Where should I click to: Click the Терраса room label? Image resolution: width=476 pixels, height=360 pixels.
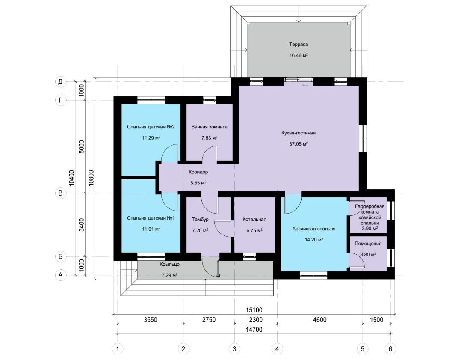(299, 45)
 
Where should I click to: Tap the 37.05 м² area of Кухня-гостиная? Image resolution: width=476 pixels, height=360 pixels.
(299, 144)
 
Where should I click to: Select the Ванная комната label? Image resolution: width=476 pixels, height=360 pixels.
(209, 127)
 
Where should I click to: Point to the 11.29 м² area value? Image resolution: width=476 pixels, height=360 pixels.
(151, 137)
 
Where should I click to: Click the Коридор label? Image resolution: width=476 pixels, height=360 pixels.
(198, 172)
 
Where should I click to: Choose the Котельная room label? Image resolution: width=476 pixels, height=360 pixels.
(254, 219)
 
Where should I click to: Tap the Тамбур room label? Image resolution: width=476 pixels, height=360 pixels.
(200, 219)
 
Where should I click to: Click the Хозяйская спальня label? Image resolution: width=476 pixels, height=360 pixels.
(314, 229)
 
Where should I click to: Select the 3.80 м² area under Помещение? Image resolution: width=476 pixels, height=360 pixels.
(368, 255)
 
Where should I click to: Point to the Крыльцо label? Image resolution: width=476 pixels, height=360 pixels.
(170, 264)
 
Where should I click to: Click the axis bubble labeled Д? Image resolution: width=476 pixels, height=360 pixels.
(61, 82)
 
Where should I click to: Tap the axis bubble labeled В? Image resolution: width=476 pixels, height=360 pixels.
(61, 193)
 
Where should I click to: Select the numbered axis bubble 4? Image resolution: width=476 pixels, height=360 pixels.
(277, 349)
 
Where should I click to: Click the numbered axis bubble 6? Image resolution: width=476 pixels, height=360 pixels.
(390, 349)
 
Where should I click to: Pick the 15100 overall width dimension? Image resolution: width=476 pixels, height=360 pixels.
(254, 310)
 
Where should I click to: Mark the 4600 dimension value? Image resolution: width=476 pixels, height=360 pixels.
(319, 320)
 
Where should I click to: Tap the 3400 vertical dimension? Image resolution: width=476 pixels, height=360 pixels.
(82, 225)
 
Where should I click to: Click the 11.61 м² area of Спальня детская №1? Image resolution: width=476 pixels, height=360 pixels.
(151, 229)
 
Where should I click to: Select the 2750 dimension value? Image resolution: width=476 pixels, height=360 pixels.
(209, 320)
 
